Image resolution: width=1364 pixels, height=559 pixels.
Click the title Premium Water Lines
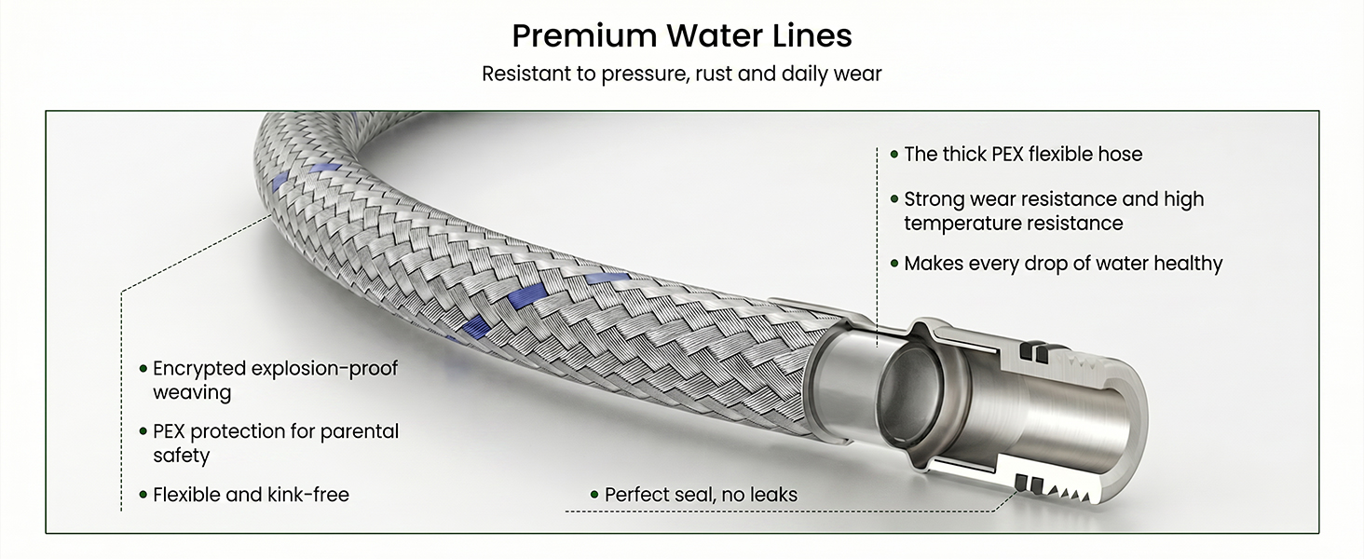pyautogui.click(x=682, y=35)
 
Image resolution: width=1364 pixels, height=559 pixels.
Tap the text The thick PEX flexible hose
pyautogui.click(x=1023, y=155)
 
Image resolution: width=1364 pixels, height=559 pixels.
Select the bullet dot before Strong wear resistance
pyautogui.click(x=894, y=199)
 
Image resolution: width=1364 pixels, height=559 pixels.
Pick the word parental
pyautogui.click(x=360, y=431)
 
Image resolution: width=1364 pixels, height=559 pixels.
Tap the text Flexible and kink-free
pyautogui.click(x=251, y=495)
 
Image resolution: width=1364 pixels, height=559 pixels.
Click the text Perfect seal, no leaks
pyautogui.click(x=701, y=495)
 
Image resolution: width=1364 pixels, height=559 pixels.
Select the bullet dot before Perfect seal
pyautogui.click(x=595, y=495)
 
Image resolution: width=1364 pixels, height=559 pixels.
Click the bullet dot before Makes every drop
pyautogui.click(x=894, y=264)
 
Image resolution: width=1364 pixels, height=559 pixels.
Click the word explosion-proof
pyautogui.click(x=324, y=369)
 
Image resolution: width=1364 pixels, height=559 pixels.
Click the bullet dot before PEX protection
pyautogui.click(x=143, y=431)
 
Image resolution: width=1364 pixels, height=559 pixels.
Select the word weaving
pyautogui.click(x=192, y=393)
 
